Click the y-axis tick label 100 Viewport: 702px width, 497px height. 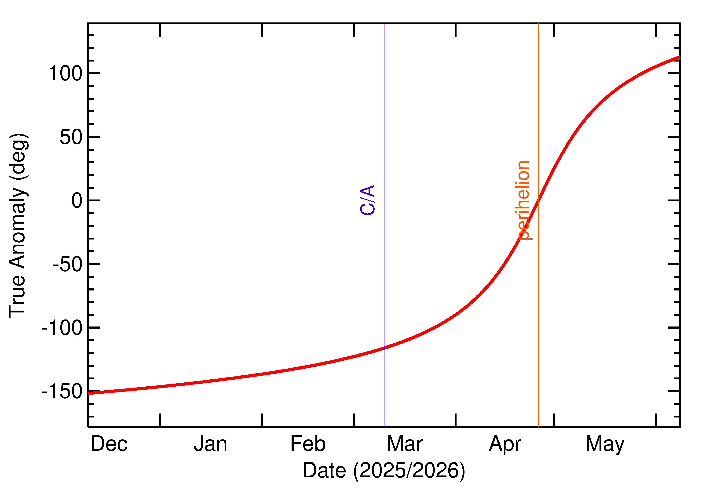click(x=66, y=74)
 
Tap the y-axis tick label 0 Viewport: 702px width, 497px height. click(x=77, y=201)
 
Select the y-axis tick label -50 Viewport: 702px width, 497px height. click(x=68, y=265)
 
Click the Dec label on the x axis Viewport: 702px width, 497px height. click(x=109, y=444)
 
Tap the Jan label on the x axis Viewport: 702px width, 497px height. click(x=210, y=444)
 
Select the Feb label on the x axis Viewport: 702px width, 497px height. click(x=308, y=444)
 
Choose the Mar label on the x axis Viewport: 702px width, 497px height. click(x=405, y=444)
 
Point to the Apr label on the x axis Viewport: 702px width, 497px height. click(x=505, y=445)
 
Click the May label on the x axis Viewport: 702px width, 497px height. click(x=605, y=445)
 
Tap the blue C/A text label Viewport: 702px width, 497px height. click(x=368, y=200)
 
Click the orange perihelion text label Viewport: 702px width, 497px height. click(x=523, y=200)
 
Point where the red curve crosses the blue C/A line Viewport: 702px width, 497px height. click(x=384, y=348)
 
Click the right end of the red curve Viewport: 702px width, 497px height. click(x=680, y=57)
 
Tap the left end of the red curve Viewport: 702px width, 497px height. click(x=88, y=393)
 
